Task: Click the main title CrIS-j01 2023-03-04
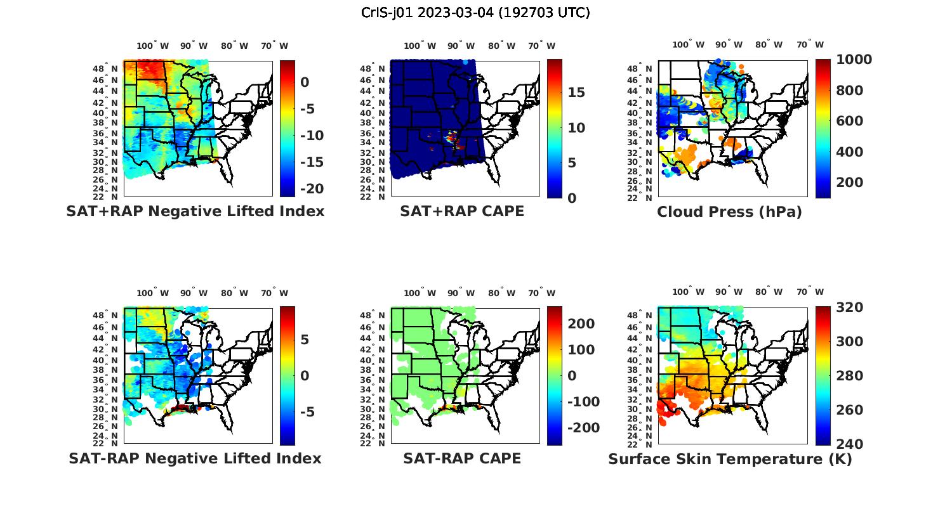point(475,13)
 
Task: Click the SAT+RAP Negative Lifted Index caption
point(195,211)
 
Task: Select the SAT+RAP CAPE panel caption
point(462,211)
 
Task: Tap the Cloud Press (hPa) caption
point(729,212)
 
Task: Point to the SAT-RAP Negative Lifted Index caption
point(195,458)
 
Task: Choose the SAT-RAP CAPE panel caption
point(462,458)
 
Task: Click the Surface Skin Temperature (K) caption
point(730,459)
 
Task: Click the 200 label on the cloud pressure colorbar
point(850,183)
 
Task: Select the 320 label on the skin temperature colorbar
point(850,307)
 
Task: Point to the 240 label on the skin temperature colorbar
point(850,444)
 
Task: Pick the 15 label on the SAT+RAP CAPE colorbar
point(576,93)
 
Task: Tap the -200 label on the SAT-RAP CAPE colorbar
point(583,428)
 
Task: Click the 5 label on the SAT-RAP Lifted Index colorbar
point(305,340)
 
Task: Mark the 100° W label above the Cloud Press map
point(689,45)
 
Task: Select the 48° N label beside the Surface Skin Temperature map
point(647,316)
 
